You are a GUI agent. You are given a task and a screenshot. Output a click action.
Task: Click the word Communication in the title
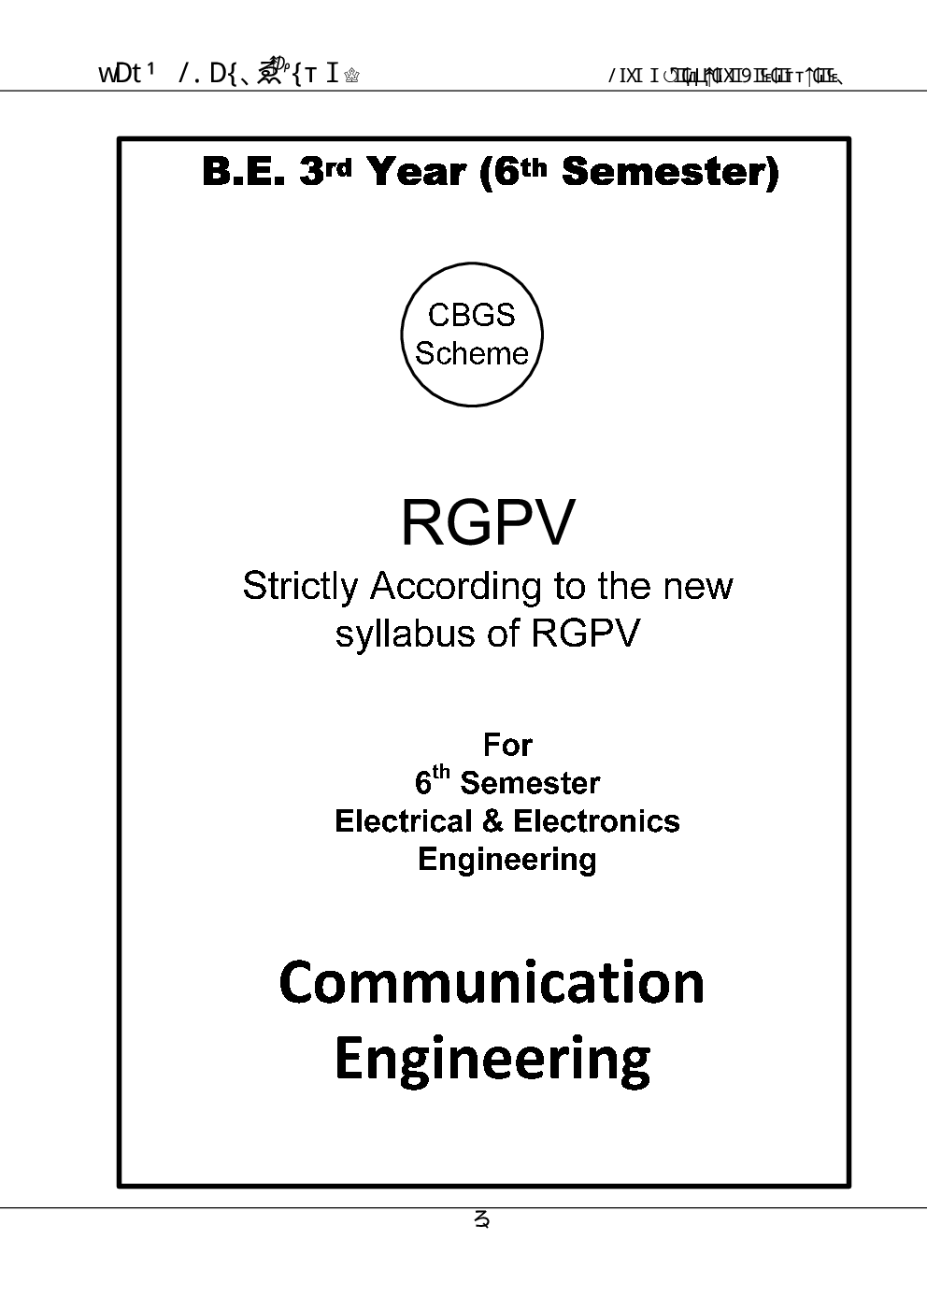point(492,983)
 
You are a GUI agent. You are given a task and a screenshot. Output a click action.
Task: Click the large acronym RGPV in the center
point(487,522)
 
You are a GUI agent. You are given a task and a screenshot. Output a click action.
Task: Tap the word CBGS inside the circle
point(471,315)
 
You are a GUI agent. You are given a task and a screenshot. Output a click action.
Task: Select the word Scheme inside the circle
point(472,353)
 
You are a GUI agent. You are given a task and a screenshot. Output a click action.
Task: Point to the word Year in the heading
point(416,172)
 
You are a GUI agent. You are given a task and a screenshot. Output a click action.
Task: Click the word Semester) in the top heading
point(670,172)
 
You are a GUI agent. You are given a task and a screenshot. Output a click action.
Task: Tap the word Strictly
point(300,587)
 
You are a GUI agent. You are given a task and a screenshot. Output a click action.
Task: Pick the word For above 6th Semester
point(507,745)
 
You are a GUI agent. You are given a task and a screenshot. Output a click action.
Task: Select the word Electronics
point(596,821)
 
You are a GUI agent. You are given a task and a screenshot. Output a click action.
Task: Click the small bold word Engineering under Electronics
point(506,859)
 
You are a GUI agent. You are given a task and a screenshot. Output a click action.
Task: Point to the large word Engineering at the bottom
point(492,1060)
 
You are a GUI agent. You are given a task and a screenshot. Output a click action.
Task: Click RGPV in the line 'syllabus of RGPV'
point(585,634)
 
